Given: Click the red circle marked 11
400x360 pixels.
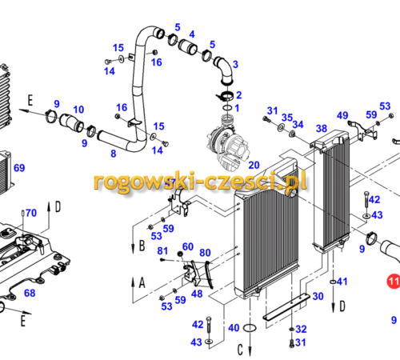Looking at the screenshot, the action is point(394,281).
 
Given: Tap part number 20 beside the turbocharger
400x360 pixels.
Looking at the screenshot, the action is point(254,165).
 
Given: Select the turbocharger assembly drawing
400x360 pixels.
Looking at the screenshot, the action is point(229,143).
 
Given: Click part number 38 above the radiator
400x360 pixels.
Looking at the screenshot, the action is point(322,129).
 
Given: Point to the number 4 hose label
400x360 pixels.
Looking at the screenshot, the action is point(192,34).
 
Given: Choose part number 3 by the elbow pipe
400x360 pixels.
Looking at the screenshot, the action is point(235,64).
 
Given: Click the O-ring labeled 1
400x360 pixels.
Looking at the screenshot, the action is point(227,108).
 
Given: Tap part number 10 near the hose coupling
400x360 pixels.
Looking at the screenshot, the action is point(78,110).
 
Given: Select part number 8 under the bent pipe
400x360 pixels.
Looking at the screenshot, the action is point(114,154).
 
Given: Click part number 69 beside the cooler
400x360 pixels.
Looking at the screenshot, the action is point(19,168).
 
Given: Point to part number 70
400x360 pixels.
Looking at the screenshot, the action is point(31,213).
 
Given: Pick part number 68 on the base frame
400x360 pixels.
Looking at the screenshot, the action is point(30,293).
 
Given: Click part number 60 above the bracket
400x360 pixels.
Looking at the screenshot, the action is point(188,246).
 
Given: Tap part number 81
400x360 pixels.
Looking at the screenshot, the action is point(162,251).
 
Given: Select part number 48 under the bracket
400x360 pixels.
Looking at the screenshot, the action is point(197,294).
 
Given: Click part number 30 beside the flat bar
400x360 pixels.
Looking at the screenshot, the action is point(318,296).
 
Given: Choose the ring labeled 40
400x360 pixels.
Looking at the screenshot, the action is point(250,328).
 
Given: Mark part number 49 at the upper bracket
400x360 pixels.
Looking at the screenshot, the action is point(342,115).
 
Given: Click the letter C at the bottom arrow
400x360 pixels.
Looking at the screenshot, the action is point(240,350).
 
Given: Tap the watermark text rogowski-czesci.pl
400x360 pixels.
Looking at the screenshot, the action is point(200,182).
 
